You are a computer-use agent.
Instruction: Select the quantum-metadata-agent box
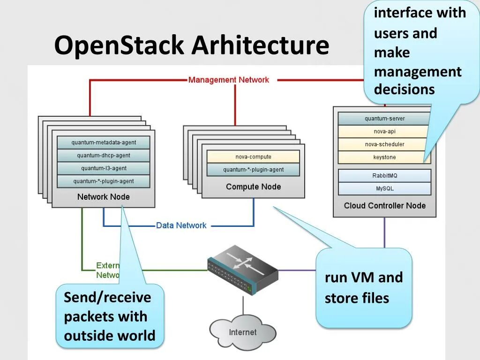tap(104, 142)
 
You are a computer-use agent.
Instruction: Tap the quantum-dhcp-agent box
tap(104, 156)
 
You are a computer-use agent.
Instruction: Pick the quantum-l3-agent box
tap(104, 168)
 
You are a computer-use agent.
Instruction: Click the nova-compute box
tap(253, 157)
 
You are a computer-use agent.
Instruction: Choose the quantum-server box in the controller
tap(384, 119)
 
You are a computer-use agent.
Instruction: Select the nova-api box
tap(384, 132)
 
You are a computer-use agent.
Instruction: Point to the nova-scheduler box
tap(384, 144)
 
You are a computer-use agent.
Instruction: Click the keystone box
tap(384, 157)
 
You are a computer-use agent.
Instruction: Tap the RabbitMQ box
tap(384, 176)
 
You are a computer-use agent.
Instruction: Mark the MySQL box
tap(384, 188)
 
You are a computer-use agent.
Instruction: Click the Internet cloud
tap(242, 332)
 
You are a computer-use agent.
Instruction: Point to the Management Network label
tap(229, 80)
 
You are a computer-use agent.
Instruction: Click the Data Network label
tap(181, 225)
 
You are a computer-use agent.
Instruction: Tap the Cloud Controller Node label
tap(384, 206)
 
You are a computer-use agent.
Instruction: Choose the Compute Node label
tap(253, 187)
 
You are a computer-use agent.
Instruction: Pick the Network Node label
tap(104, 197)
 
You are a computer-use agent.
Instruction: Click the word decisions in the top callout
tap(404, 90)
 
